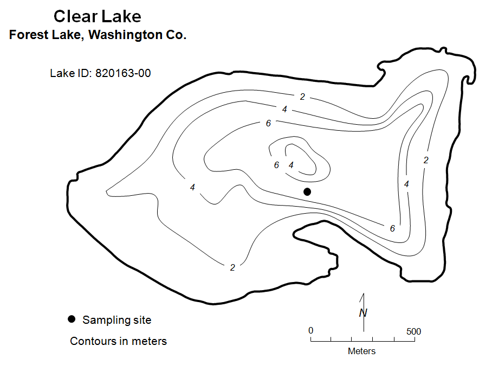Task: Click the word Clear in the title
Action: tap(75, 16)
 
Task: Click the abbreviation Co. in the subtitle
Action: tap(176, 35)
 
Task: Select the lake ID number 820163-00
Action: tap(123, 73)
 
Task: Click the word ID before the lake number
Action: tap(84, 73)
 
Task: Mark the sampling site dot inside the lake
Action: tap(307, 191)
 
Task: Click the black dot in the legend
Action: tap(72, 319)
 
